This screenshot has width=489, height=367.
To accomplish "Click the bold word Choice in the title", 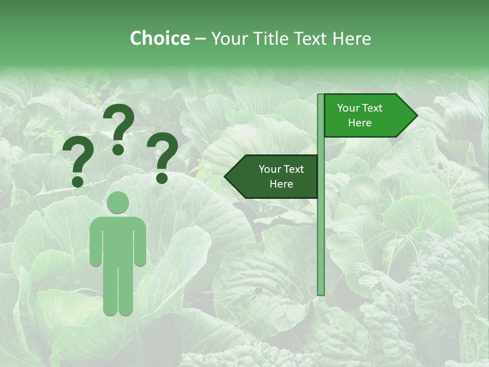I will tap(159, 38).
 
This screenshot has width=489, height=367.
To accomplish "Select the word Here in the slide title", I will tap(351, 38).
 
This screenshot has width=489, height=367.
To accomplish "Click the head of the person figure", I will tap(118, 202).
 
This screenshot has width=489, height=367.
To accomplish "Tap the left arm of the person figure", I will tap(96, 242).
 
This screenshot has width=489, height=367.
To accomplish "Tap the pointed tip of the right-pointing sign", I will tap(416, 116).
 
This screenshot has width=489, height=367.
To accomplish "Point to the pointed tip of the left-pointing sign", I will tap(226, 177).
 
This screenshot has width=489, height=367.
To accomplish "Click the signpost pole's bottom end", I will tap(321, 293).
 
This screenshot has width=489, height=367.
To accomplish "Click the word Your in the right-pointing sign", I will tap(348, 108).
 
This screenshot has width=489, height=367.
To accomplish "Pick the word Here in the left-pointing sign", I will tap(281, 184).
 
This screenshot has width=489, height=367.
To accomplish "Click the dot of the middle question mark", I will tap(118, 149).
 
